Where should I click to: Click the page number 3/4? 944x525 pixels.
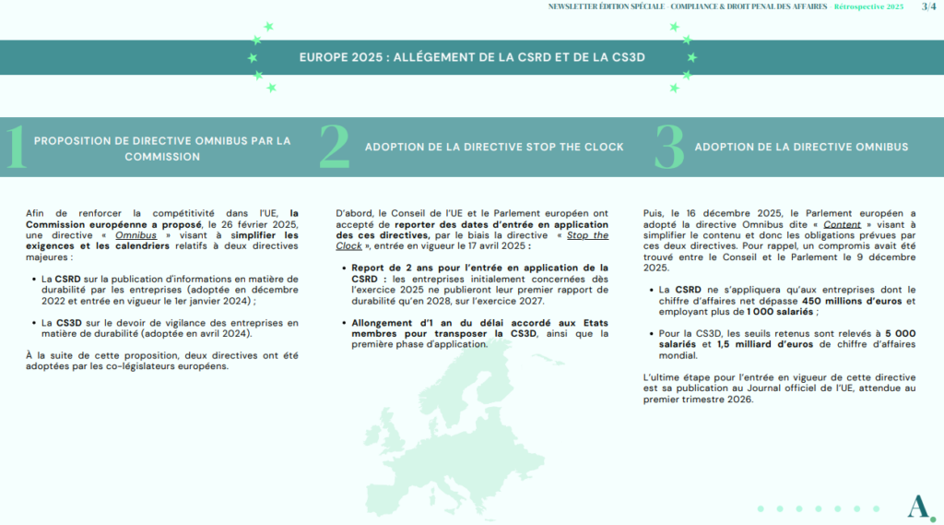[929, 6]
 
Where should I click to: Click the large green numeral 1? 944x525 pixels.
[15, 148]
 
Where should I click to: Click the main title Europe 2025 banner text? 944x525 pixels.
[472, 57]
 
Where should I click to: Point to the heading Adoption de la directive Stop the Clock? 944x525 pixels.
[494, 147]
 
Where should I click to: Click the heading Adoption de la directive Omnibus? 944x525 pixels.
[801, 147]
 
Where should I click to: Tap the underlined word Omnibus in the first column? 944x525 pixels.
[136, 234]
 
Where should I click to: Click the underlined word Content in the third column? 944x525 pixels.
[843, 224]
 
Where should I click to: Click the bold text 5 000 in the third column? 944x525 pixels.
[901, 332]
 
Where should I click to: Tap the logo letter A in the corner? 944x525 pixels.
[916, 506]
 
